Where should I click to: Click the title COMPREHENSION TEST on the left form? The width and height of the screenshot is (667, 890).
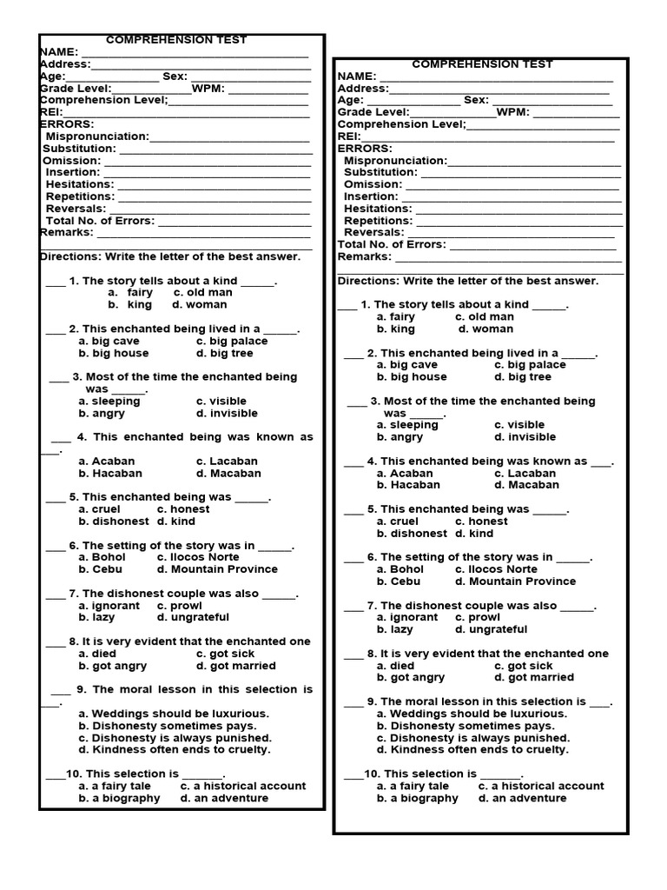176,40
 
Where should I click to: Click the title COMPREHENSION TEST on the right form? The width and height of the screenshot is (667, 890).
482,64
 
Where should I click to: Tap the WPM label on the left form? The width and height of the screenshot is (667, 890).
208,89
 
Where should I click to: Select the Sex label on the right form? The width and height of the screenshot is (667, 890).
476,101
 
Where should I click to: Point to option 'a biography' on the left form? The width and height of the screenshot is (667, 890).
119,798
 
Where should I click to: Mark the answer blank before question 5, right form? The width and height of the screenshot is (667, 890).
353,510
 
